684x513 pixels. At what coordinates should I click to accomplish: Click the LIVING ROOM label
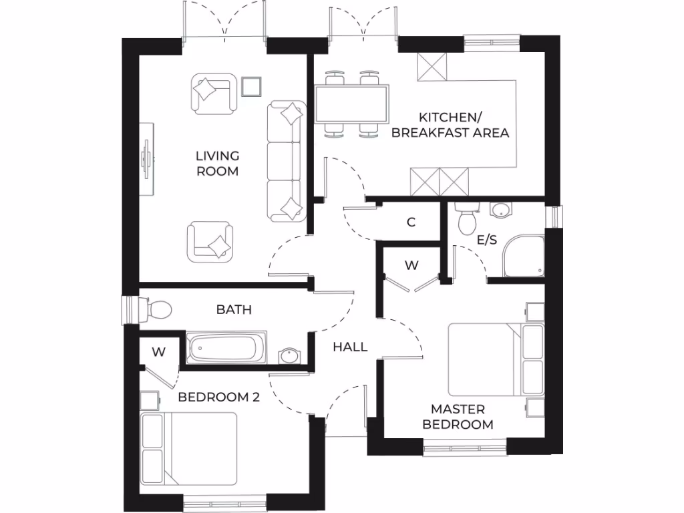(217, 164)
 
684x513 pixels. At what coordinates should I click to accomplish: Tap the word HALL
(350, 347)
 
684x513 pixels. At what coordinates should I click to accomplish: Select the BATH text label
(234, 310)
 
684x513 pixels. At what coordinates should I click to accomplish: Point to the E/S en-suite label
(486, 240)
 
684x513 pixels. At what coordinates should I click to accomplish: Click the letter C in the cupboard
(411, 222)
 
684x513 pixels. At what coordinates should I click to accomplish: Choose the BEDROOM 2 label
(218, 397)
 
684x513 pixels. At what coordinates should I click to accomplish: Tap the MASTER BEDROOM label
(458, 417)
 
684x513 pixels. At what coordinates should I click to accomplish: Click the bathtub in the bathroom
(222, 348)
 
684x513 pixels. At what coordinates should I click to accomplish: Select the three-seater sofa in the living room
(287, 161)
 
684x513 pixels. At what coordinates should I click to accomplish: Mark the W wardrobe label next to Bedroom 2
(158, 351)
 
